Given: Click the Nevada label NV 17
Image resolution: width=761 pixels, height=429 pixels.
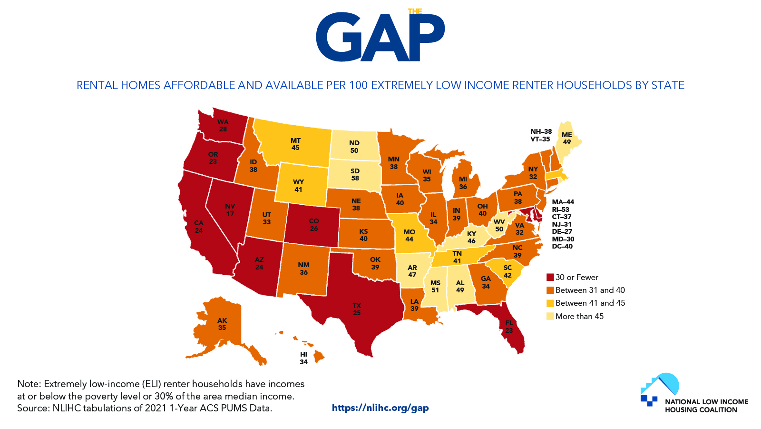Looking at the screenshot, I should (230, 210).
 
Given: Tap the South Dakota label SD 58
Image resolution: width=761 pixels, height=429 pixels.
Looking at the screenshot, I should (355, 174).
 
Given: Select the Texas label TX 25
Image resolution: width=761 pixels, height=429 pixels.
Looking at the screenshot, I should (357, 309).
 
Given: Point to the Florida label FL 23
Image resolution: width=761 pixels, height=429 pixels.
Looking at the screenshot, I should (509, 327).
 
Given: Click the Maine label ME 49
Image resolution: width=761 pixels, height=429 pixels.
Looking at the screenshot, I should (566, 138).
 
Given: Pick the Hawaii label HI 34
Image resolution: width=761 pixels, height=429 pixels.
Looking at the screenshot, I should (303, 358).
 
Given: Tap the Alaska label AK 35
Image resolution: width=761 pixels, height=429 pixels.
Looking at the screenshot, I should (222, 324).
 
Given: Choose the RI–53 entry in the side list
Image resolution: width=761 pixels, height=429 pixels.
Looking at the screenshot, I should (560, 210).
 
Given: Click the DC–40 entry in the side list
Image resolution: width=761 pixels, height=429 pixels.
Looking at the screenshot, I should (562, 246).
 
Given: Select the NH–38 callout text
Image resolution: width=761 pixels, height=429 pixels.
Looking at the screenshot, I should (541, 131).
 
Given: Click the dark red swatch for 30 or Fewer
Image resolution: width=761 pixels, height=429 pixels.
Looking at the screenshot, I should (550, 277).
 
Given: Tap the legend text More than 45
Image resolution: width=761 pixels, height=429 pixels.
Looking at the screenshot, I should (579, 316).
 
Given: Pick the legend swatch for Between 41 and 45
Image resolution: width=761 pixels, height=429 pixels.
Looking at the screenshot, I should (550, 303).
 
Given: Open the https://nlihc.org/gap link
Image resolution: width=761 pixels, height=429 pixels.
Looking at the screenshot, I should (380, 408).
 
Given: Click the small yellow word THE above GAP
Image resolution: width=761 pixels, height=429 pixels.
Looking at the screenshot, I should (415, 11).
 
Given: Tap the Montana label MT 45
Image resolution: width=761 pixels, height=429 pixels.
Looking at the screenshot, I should (295, 144).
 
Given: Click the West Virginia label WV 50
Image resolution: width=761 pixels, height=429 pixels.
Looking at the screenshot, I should (499, 225).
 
